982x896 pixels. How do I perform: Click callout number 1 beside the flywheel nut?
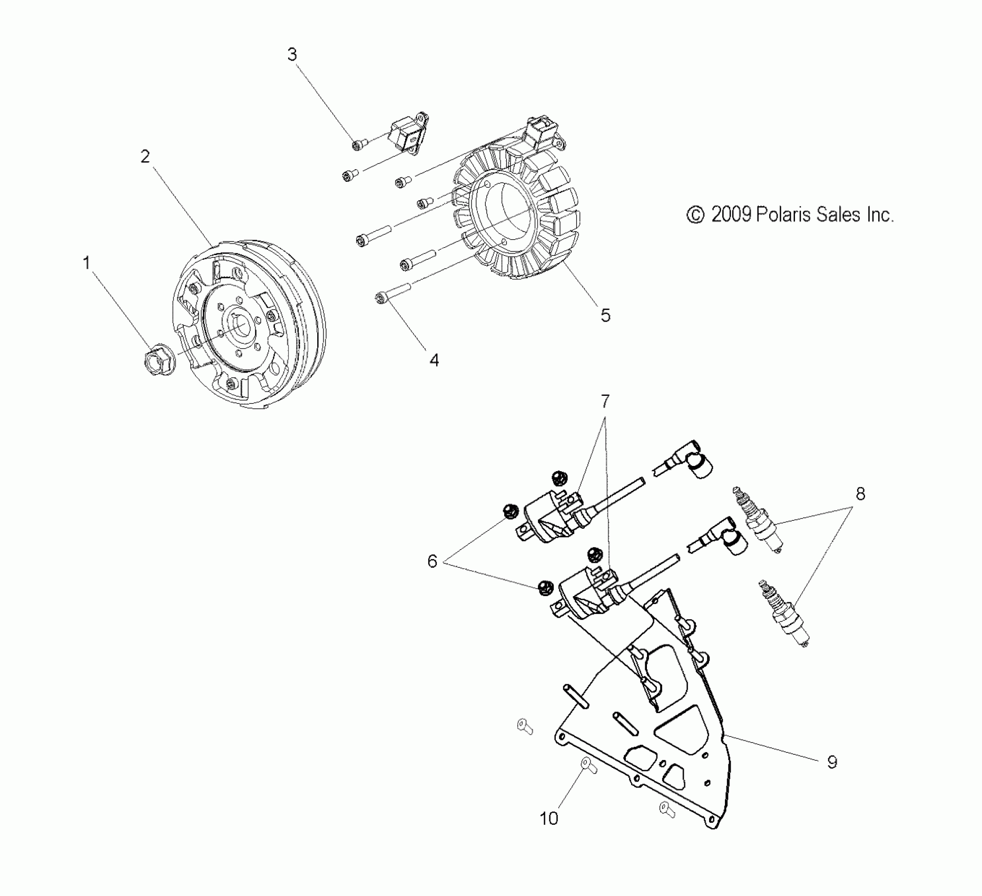tap(86, 262)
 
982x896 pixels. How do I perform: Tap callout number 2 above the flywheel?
tap(145, 156)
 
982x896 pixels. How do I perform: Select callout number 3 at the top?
tap(292, 54)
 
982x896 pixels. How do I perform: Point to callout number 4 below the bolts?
tap(434, 361)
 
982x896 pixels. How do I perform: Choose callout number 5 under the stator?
tap(606, 315)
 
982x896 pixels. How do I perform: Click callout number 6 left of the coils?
tap(432, 561)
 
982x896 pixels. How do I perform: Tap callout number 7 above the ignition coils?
tap(605, 401)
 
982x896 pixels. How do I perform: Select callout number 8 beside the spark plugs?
tap(860, 494)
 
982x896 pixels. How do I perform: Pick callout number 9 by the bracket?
tap(832, 762)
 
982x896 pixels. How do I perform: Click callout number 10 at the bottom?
tap(549, 819)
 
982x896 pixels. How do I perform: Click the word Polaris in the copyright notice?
tap(776, 215)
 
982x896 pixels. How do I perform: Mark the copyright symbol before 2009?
tap(695, 215)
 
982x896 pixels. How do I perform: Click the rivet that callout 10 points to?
tap(588, 765)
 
